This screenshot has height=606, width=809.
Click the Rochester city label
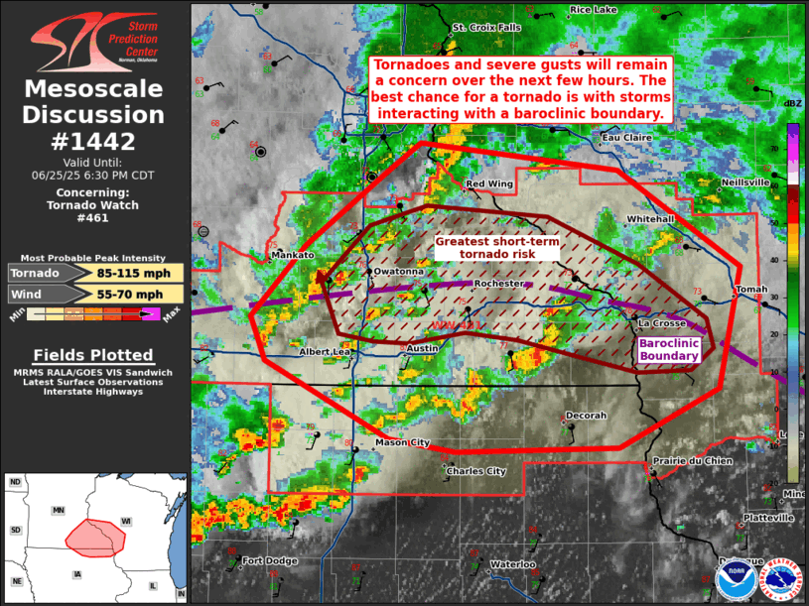(x=498, y=284)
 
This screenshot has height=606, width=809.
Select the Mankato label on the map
(x=292, y=255)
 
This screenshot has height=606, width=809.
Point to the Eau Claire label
(x=627, y=137)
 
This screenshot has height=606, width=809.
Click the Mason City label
(x=403, y=442)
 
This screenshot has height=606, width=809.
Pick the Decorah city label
(x=585, y=416)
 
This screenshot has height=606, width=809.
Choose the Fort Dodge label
(x=270, y=561)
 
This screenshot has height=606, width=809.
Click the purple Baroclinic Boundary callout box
(x=669, y=349)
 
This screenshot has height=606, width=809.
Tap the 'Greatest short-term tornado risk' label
(x=497, y=248)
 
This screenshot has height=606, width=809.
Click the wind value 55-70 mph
(x=134, y=294)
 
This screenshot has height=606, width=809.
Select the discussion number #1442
(x=93, y=141)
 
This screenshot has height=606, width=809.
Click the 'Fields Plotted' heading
(x=93, y=355)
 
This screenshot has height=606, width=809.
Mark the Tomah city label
(x=750, y=290)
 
